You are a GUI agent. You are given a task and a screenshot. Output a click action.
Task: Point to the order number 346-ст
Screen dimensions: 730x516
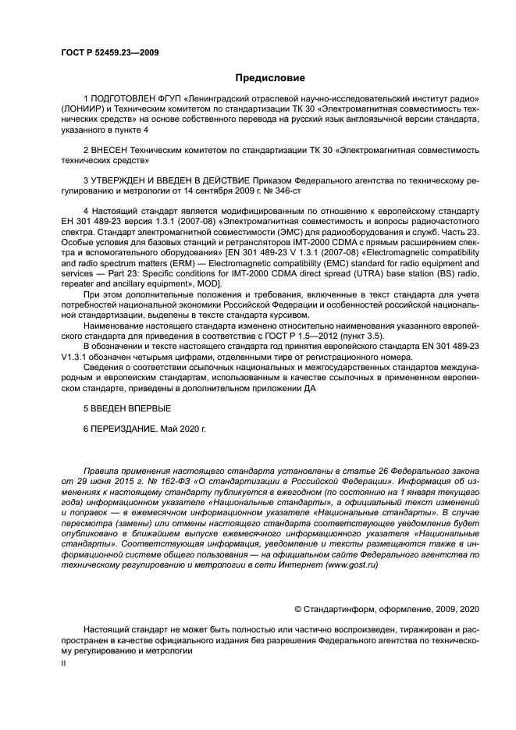click(286, 190)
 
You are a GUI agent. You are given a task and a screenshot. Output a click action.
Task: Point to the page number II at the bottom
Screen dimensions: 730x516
click(64, 662)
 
